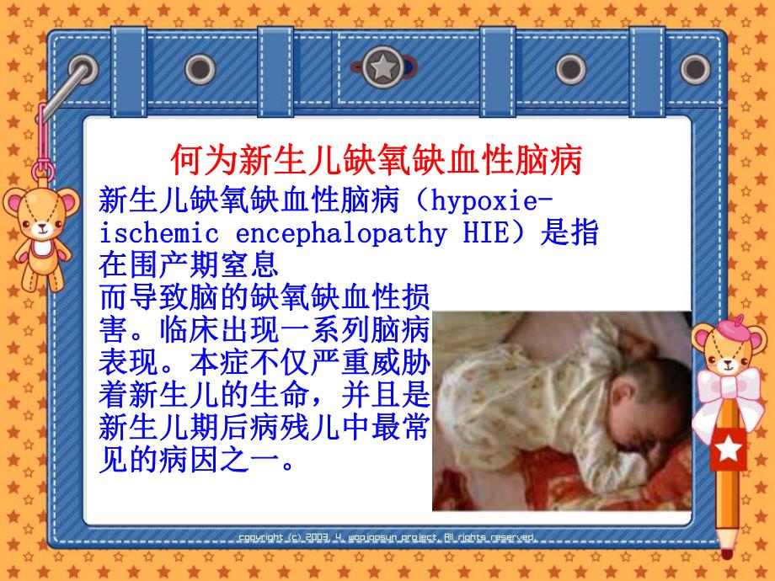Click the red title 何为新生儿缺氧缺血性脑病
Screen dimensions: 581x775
point(377,158)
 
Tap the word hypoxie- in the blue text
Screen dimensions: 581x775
point(489,201)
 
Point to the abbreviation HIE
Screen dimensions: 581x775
point(488,233)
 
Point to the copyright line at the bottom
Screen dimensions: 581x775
point(387,536)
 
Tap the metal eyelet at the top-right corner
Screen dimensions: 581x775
point(695,67)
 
